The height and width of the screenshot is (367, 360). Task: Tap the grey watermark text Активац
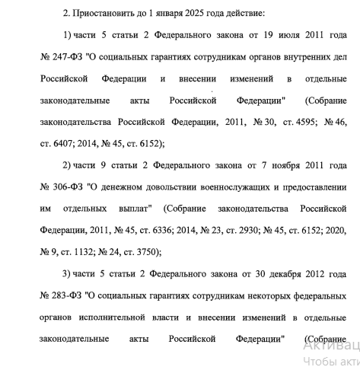pyautogui.click(x=330, y=343)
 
